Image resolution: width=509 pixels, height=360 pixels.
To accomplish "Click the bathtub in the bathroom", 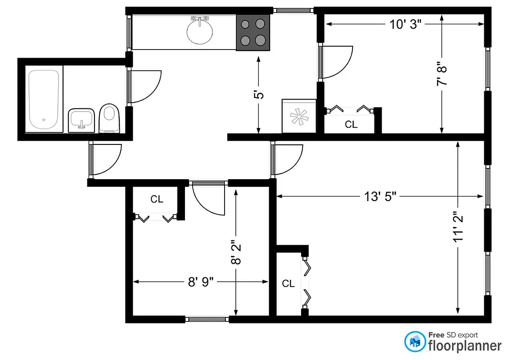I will pos(44,100).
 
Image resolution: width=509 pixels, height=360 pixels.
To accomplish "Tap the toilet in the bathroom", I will pos(108,118).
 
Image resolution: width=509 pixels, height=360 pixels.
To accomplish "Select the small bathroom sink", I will pos(81,120).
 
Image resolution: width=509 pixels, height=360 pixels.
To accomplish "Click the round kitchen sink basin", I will pos(199,31).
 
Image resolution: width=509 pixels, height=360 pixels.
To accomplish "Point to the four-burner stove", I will pos(253,32).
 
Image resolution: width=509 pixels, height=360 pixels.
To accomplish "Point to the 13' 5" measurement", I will pos(380,196).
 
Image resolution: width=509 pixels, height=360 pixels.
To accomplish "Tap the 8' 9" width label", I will pos(200,282).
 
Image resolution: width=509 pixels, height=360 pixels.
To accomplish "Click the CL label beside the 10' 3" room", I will pos(351,125).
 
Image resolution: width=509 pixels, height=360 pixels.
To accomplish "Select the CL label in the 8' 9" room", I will pos(157,199).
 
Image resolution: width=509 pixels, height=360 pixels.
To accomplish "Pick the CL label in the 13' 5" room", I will pos(288,283).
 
